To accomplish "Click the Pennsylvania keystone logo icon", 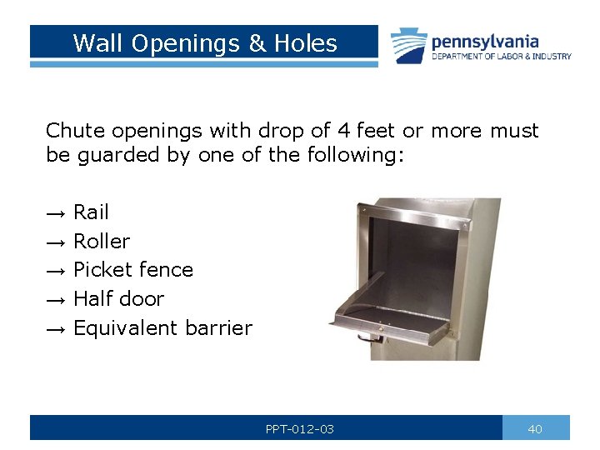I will tap(408, 45).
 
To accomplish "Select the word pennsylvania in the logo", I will tap(485, 41).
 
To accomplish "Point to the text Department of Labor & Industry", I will tap(502, 57).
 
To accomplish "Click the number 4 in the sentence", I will tap(344, 131).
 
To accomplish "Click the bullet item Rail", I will tap(91, 212).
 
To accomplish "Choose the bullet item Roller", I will tap(102, 242).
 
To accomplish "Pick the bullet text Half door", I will tap(118, 298).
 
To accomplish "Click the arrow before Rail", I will tap(55, 213).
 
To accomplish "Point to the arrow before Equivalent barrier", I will tap(55, 328).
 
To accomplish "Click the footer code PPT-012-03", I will tap(300, 429).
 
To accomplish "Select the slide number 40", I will tap(535, 429).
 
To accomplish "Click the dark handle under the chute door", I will tap(367, 338).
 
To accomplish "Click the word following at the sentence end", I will tap(355, 155).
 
